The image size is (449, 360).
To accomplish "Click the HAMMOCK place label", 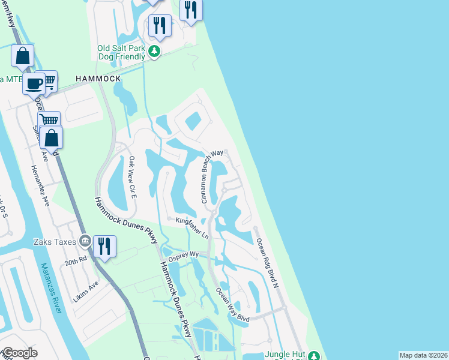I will [98, 79].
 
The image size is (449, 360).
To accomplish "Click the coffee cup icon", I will [34, 82].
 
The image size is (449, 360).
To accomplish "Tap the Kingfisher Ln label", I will [191, 228].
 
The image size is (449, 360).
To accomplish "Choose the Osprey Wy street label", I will [187, 254].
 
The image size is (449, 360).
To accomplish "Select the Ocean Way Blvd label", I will [232, 305].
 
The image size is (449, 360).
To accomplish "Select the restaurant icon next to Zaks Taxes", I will [104, 245].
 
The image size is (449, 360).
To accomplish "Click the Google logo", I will [20, 353].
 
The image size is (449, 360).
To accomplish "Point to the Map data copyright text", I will [423, 355].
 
